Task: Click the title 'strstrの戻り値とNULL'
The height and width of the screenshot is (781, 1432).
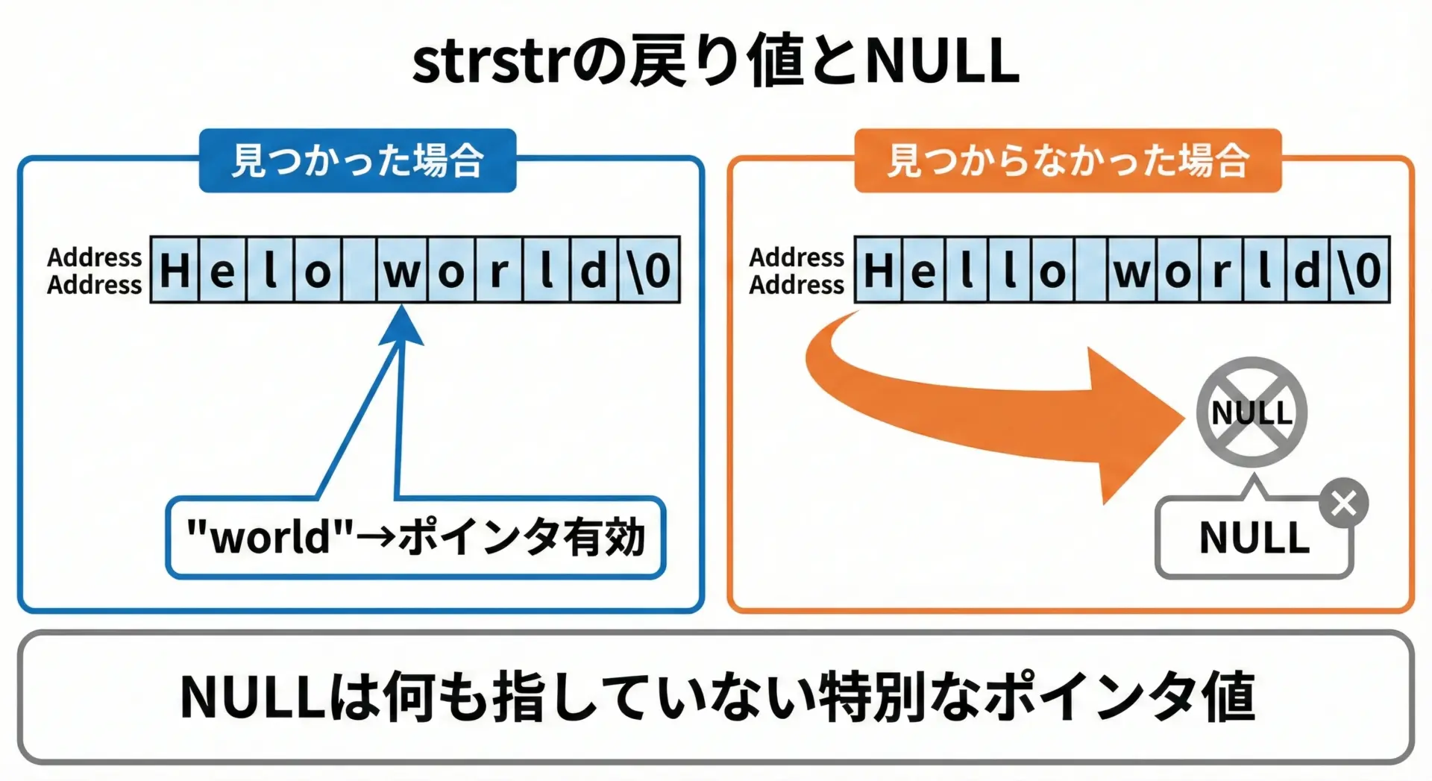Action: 716,61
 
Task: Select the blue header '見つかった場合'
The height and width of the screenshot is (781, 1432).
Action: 357,160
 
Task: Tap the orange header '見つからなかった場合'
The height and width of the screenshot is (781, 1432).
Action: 1067,160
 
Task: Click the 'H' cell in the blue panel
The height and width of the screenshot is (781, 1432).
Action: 175,270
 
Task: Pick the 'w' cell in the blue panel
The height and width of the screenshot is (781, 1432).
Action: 403,270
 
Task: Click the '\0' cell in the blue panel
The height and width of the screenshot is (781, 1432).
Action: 650,270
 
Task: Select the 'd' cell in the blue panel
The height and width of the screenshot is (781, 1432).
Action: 594,270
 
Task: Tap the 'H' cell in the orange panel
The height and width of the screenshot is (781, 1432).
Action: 879,270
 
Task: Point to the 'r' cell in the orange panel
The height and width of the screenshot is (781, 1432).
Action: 1221,270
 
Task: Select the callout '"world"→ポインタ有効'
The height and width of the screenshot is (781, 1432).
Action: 415,537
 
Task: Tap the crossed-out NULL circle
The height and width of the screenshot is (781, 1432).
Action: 1252,413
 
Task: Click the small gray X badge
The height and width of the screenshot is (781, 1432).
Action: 1343,504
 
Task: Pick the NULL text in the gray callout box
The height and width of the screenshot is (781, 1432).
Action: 1254,538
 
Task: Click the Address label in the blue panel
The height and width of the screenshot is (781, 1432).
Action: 94,271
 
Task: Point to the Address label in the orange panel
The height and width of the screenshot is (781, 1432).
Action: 797,271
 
